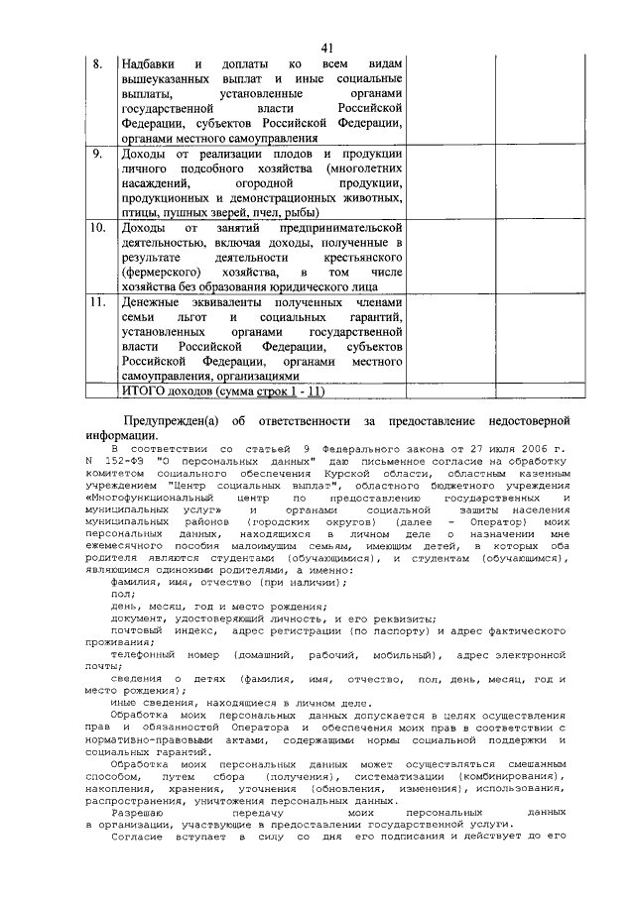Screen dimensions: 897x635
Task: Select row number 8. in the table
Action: point(98,63)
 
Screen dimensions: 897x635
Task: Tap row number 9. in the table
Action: point(98,154)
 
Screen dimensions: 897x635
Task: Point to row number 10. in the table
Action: point(99,228)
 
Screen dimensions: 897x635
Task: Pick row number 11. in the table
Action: point(99,302)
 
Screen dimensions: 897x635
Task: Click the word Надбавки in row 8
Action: point(150,63)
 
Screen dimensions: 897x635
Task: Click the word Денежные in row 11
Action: point(156,302)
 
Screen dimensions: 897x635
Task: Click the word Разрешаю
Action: point(144,810)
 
